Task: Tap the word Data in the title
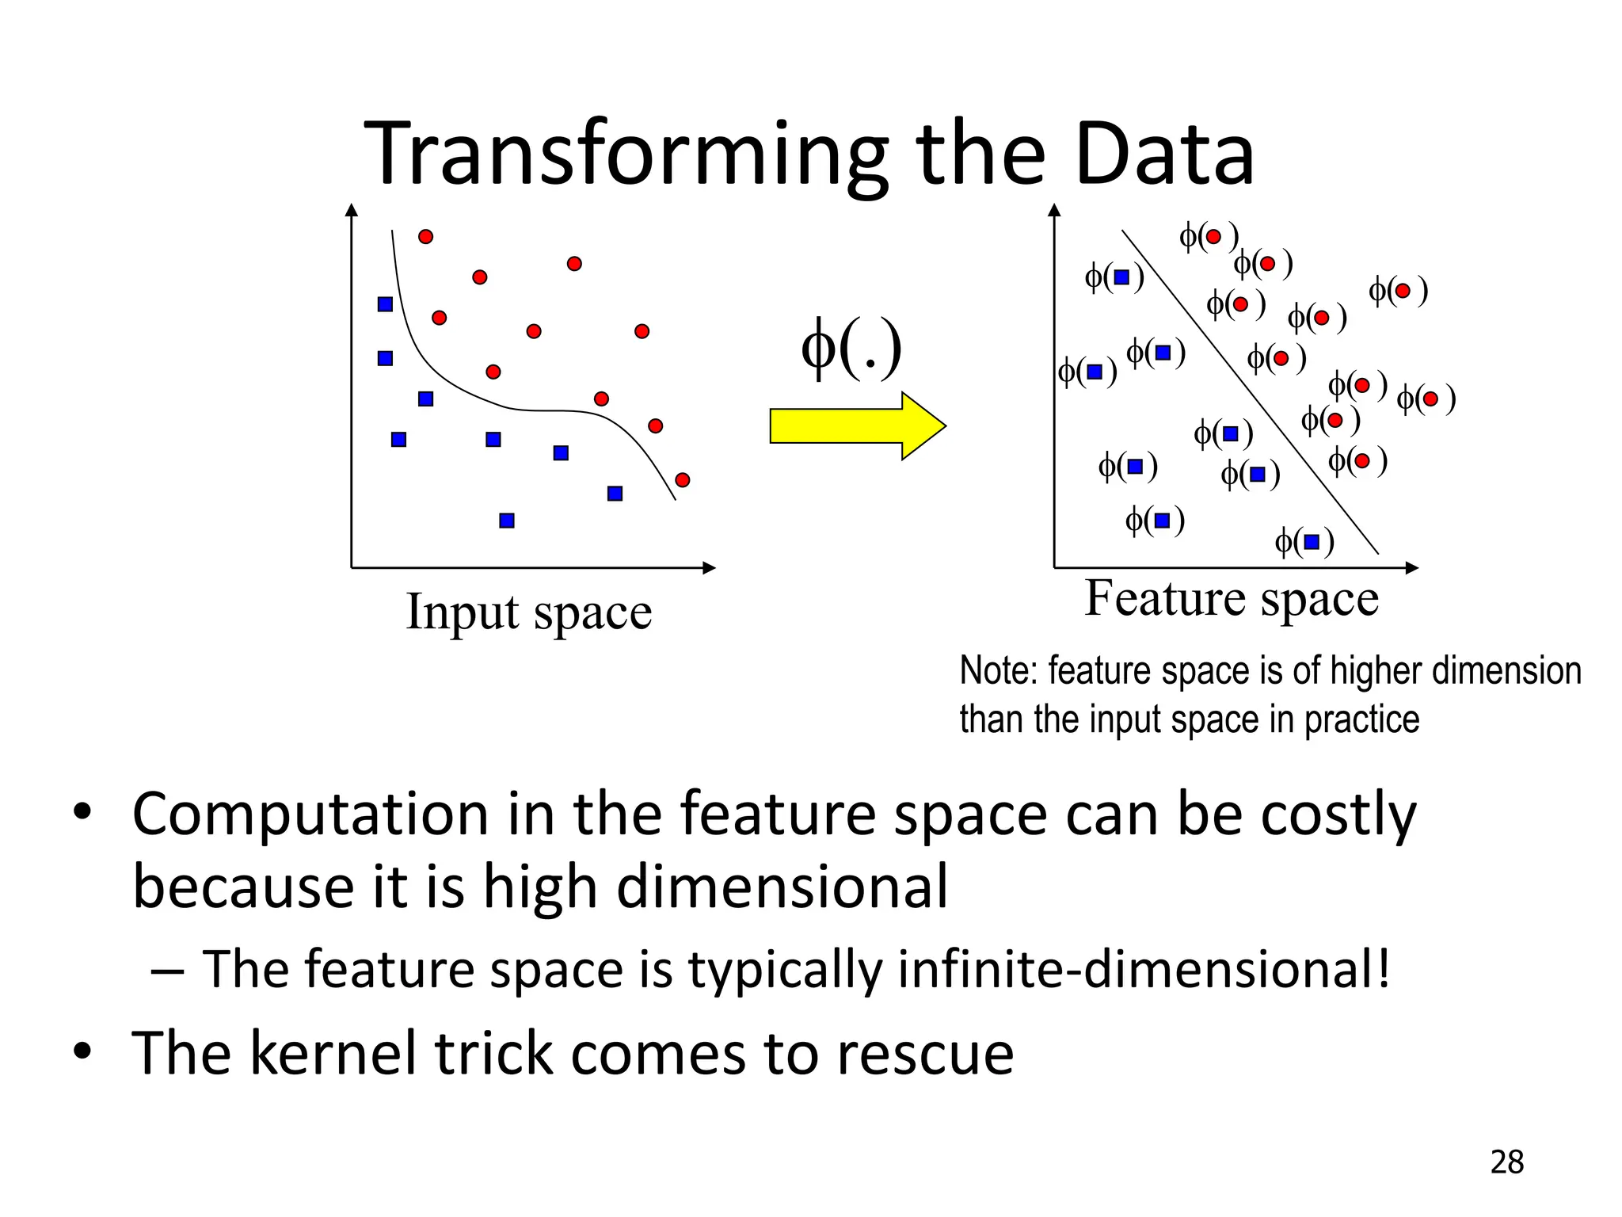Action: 1164,155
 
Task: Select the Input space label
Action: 528,612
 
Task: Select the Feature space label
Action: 1232,598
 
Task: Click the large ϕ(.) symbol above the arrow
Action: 851,349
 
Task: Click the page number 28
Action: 1506,1162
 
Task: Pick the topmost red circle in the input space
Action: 425,236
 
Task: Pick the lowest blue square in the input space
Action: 507,521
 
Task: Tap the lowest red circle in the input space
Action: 683,479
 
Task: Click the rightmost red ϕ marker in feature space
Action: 1426,399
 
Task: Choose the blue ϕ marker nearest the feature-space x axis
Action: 1304,542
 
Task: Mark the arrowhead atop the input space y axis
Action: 352,209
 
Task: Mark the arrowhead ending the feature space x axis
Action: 1411,567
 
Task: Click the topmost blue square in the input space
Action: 385,304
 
